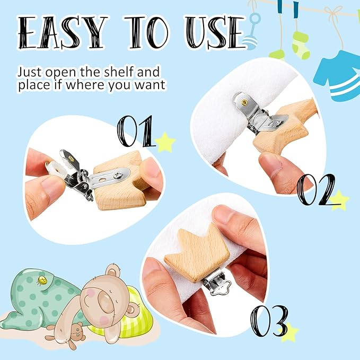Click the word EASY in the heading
pos(62,32)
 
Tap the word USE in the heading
pos(215,32)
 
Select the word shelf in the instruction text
pos(118,72)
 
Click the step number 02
pos(315,189)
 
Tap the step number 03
pos(269,321)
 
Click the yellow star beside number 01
pos(165,143)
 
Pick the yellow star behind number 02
pos(339,200)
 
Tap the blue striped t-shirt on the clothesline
pos(338,76)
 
